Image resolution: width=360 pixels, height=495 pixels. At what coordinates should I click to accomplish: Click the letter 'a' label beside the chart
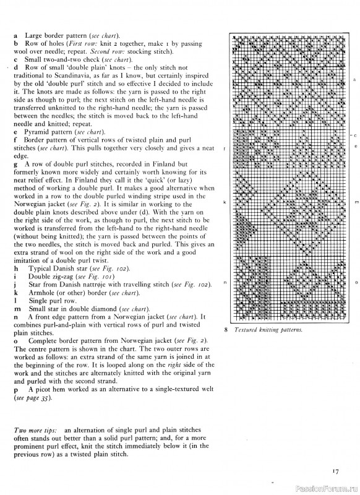[x=353, y=80]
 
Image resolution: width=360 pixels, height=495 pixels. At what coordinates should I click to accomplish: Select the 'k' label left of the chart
[x=224, y=202]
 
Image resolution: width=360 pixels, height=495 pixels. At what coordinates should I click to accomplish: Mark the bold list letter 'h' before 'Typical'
[x=15, y=268]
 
